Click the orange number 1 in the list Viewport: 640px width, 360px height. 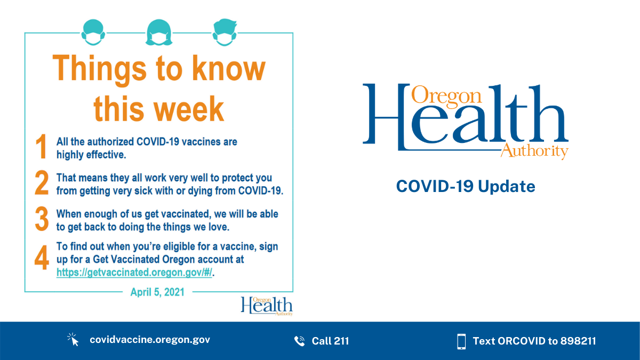pos(42,147)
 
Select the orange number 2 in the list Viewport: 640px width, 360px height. pos(42,183)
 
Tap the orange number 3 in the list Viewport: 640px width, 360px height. pos(42,220)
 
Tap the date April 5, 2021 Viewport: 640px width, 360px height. pos(157,292)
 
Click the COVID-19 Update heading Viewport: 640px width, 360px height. pos(465,187)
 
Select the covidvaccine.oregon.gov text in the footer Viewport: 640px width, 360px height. pos(150,340)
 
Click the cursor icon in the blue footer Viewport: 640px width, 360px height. pos(73,340)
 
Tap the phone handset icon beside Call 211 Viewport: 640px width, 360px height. pos(299,341)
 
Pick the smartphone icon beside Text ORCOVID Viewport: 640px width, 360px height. pos(461,341)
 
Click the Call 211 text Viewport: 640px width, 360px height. pos(330,341)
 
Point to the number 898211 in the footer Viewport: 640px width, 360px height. pos(578,341)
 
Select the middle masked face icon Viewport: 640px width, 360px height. pos(158,32)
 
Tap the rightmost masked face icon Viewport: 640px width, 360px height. pos(224,32)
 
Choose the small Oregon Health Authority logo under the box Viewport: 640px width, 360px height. pos(266,306)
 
